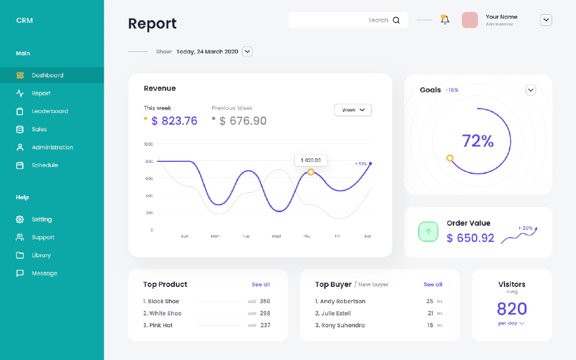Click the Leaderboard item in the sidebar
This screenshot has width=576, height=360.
click(50, 111)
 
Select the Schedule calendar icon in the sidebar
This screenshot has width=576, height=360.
click(20, 165)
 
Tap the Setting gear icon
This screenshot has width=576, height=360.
click(20, 219)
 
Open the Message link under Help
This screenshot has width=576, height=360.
click(44, 273)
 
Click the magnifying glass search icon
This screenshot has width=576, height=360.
click(396, 20)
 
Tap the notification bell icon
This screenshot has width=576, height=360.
click(445, 20)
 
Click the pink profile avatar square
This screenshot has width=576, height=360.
click(470, 20)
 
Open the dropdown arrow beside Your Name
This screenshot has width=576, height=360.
click(546, 20)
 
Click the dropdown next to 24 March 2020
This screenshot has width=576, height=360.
click(248, 51)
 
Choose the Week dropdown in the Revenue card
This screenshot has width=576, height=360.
click(353, 110)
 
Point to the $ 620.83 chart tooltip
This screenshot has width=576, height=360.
click(311, 160)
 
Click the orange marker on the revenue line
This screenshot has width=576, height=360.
click(311, 172)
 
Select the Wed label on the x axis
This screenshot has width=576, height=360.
click(276, 236)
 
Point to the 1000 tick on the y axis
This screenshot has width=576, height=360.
click(149, 144)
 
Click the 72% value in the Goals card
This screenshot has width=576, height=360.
click(477, 141)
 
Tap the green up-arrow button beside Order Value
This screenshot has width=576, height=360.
click(429, 231)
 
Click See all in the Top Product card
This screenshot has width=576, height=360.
click(261, 284)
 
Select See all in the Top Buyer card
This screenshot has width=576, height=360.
click(433, 284)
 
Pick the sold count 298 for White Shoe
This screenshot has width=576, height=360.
click(265, 313)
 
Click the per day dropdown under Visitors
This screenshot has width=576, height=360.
click(512, 323)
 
